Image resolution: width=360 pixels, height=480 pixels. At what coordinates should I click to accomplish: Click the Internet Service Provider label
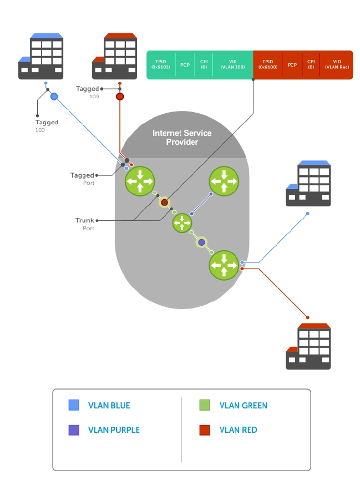tap(182, 138)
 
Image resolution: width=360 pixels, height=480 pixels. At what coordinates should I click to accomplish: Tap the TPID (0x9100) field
tap(161, 64)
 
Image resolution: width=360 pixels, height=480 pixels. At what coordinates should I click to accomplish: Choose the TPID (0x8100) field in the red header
tap(267, 64)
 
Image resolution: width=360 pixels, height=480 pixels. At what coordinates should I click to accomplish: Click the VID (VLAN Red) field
tap(336, 64)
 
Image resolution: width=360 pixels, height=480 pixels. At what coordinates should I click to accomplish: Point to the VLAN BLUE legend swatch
tap(73, 406)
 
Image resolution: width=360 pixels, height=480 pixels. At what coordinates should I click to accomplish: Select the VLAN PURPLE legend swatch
tap(73, 430)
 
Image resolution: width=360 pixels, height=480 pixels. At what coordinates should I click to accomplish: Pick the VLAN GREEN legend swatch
tap(205, 406)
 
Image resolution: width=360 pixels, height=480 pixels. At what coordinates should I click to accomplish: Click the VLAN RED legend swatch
tap(205, 430)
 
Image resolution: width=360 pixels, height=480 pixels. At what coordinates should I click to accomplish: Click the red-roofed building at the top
tap(114, 56)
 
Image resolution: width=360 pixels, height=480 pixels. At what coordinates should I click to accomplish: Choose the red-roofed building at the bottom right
tap(308, 346)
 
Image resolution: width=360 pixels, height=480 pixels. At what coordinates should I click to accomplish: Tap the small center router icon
tap(182, 223)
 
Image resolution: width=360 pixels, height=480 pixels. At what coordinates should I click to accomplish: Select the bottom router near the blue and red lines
tap(224, 265)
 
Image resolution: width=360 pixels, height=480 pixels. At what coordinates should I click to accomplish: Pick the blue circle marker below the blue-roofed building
tap(54, 97)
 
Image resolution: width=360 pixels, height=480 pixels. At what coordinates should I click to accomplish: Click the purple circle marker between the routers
tap(202, 242)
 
